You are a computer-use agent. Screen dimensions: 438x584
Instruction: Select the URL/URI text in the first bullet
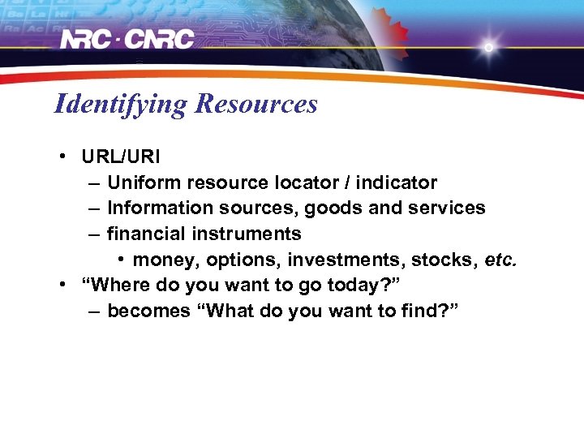coord(121,157)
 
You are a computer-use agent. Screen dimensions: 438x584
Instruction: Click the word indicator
coord(399,182)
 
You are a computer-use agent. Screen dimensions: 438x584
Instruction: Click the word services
coord(444,208)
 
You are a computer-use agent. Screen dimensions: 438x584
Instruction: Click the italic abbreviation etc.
coord(499,260)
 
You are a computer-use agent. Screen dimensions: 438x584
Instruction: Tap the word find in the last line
coord(420,312)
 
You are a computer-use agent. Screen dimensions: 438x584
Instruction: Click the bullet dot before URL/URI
coord(62,157)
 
